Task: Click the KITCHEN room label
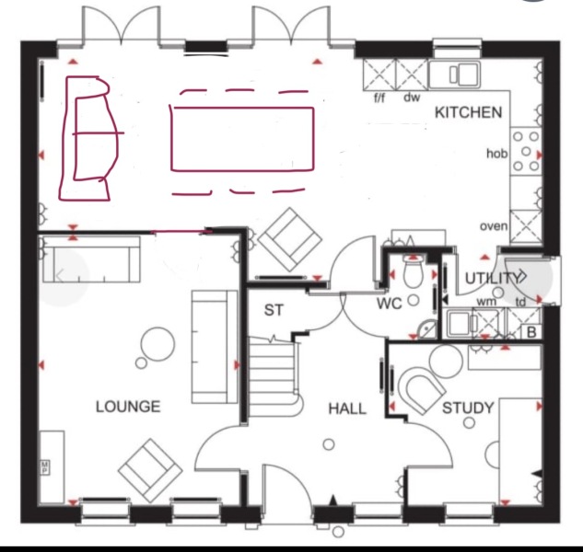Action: point(469,112)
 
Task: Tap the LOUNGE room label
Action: point(127,406)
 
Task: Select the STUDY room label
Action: point(468,408)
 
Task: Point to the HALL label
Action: point(346,408)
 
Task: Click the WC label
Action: point(390,304)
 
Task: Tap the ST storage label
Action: point(274,310)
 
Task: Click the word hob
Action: point(496,154)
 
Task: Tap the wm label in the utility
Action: point(485,302)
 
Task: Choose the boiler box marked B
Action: point(530,332)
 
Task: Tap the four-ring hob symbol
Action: point(525,151)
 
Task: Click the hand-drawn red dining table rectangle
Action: point(241,138)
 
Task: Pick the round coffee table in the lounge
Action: point(156,345)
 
